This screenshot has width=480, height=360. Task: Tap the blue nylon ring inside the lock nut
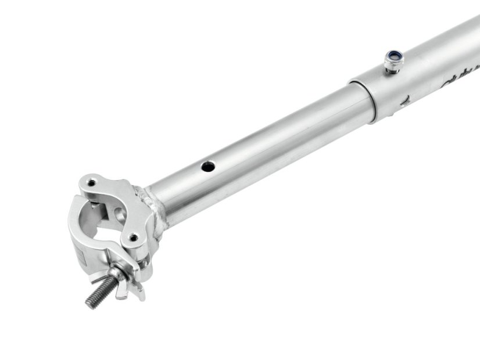point(396,56)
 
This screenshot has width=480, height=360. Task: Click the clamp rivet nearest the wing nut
point(134,237)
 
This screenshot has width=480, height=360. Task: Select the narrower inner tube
point(262,151)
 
